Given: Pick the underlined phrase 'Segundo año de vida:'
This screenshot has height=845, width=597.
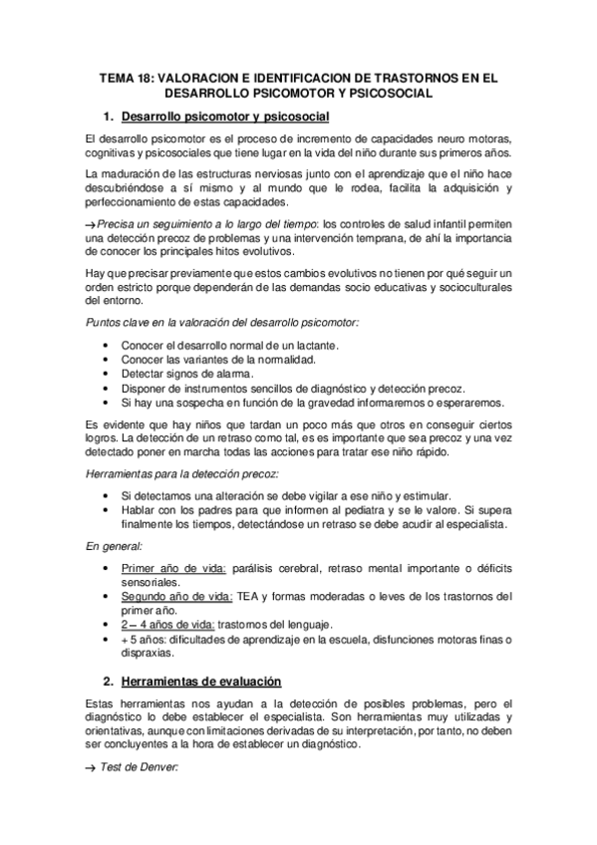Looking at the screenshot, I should pyautogui.click(x=177, y=596).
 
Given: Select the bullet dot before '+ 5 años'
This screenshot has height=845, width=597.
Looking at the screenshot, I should pyautogui.click(x=108, y=639).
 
